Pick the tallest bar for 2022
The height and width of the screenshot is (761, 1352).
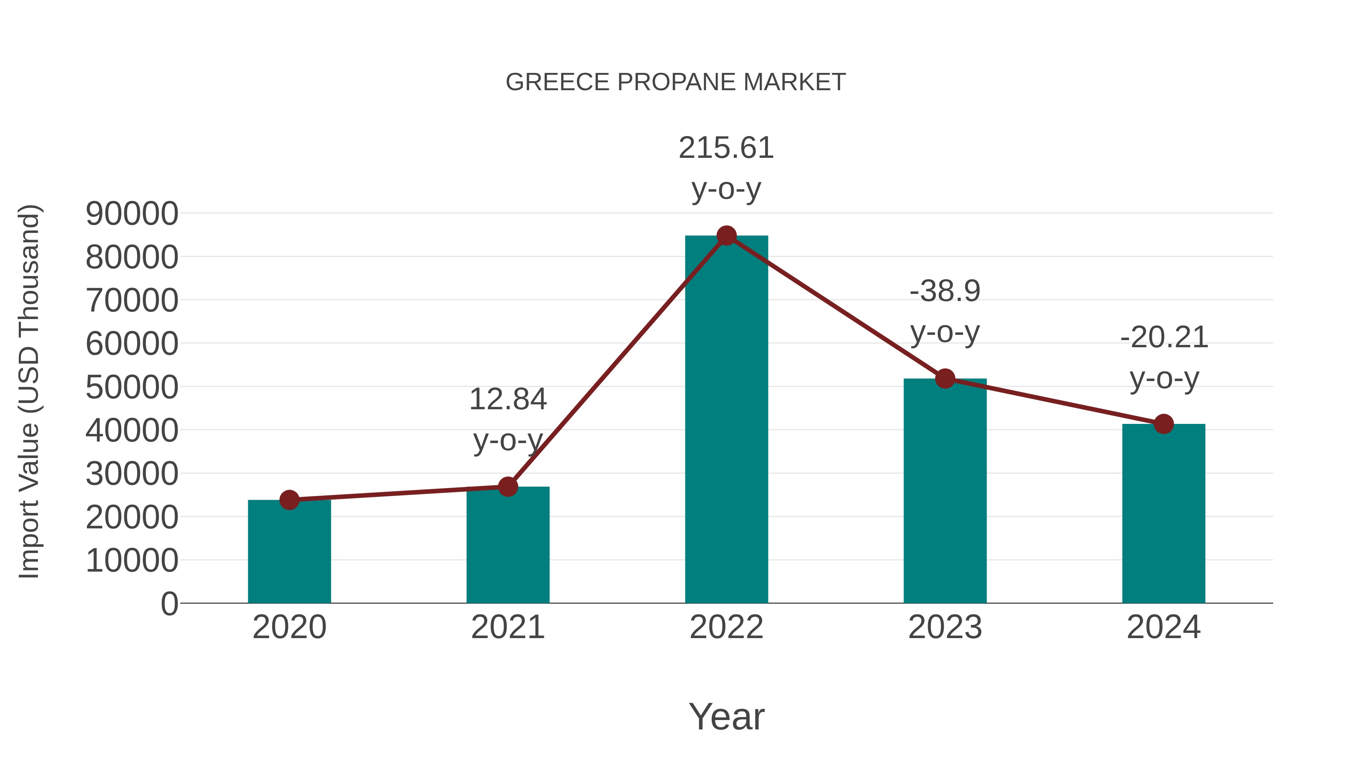click(726, 420)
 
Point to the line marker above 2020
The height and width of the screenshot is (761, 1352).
click(289, 499)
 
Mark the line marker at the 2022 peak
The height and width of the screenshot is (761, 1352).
click(726, 236)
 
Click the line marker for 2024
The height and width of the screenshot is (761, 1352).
click(1163, 424)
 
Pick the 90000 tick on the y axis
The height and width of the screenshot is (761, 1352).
click(132, 214)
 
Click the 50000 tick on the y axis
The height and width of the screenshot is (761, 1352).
click(132, 387)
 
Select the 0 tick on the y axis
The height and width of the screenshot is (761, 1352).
click(169, 604)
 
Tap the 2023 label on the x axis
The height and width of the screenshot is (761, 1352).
click(945, 627)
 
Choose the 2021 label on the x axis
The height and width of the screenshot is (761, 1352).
click(507, 627)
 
